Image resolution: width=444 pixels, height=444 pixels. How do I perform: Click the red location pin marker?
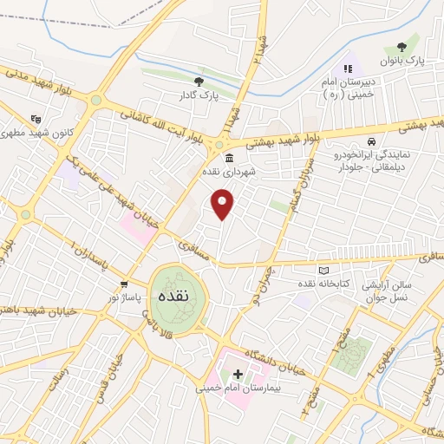coord(223,205)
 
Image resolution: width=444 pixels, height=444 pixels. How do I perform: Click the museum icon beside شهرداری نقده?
coord(229,158)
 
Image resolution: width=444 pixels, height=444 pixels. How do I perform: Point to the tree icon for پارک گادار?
coord(199,82)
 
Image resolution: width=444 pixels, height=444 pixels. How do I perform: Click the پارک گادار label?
coord(198,95)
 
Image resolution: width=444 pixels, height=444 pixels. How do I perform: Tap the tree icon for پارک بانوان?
coord(400,48)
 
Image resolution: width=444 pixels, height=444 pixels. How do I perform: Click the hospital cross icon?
coord(238,375)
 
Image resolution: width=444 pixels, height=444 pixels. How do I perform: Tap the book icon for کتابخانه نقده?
coord(323,271)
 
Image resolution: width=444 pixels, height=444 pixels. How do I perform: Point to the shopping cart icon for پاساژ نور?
coord(126,284)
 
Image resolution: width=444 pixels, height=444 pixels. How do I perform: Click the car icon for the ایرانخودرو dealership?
coord(371,141)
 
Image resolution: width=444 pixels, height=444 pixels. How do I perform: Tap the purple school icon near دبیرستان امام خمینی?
coord(348,67)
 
